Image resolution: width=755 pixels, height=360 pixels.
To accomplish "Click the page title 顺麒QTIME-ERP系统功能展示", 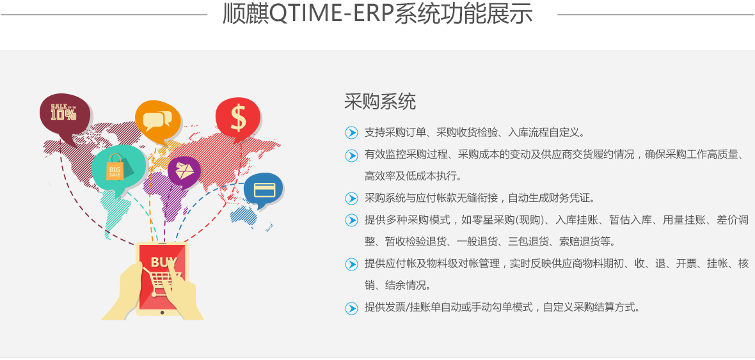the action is click(x=377, y=13).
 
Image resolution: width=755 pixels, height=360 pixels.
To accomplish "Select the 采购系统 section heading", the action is click(x=380, y=102).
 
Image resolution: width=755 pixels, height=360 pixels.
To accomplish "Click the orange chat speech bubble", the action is click(x=157, y=120).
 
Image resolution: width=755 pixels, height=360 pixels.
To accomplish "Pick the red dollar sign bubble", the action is click(x=238, y=118).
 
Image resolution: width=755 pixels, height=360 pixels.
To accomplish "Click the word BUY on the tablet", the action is click(x=164, y=262).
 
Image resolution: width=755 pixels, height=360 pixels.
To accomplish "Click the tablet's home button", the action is click(x=163, y=312).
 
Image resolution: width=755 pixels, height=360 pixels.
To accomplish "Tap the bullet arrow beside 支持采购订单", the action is click(x=351, y=132).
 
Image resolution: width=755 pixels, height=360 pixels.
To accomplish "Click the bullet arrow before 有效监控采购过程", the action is click(x=351, y=155).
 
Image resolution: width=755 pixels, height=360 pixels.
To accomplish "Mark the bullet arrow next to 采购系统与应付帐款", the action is click(x=351, y=198).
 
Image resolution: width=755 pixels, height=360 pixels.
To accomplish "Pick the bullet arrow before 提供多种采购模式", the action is click(x=351, y=220).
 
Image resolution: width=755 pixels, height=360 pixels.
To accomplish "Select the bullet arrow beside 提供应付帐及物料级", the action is click(x=351, y=263).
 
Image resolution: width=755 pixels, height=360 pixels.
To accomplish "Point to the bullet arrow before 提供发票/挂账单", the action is click(x=351, y=308).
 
